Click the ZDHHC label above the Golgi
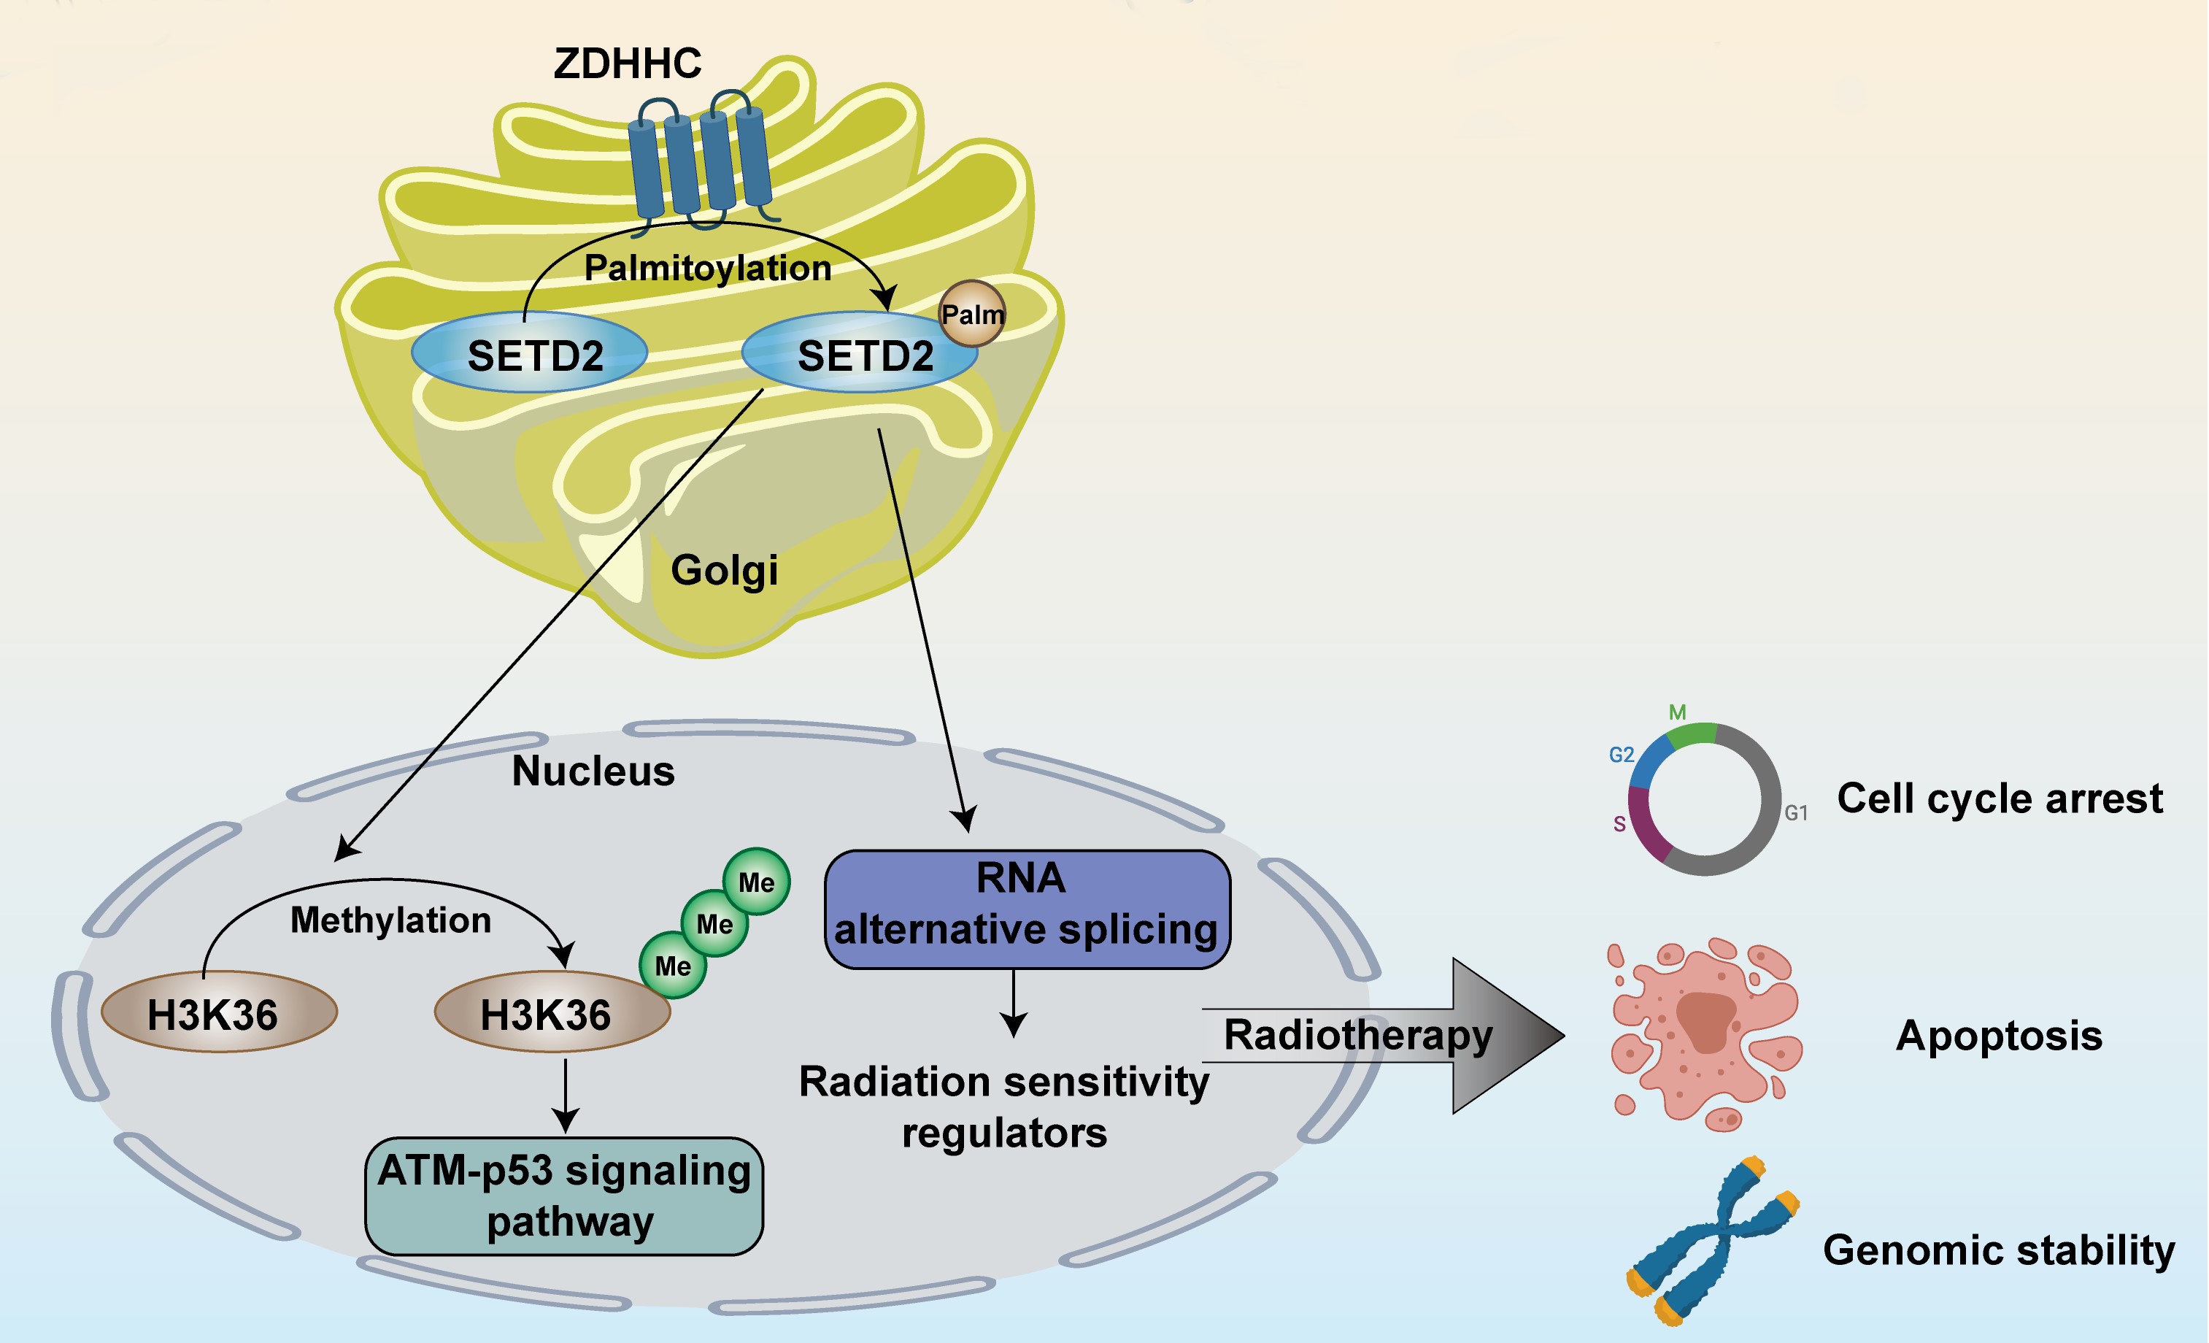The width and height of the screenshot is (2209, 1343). point(627,64)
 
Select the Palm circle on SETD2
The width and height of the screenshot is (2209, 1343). point(972,314)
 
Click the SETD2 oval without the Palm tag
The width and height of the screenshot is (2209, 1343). point(530,353)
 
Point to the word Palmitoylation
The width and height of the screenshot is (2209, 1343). point(707,268)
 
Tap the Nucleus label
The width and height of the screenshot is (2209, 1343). point(593,771)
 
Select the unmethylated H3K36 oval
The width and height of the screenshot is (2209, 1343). point(219,1012)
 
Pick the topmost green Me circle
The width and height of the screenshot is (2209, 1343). point(757,881)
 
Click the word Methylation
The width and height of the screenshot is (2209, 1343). point(391,920)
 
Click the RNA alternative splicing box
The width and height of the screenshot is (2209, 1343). point(1027,908)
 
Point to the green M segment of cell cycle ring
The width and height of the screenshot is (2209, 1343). point(1691,734)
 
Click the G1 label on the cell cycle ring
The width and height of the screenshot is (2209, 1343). point(1796,813)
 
